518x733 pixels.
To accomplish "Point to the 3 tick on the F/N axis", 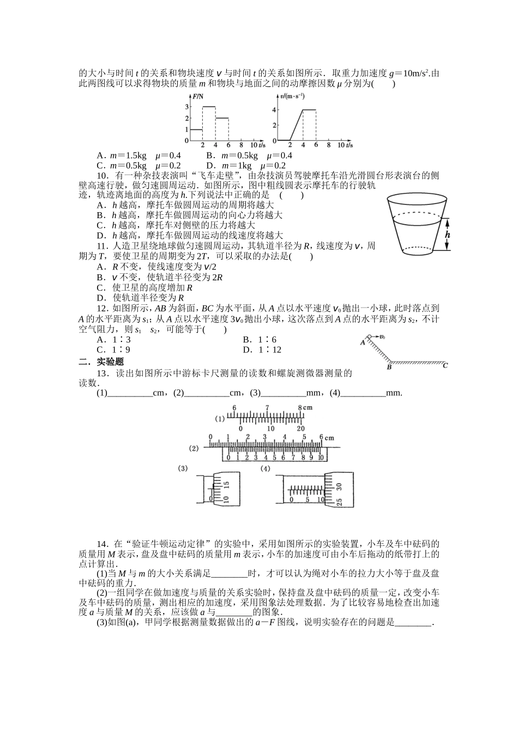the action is tap(187, 107).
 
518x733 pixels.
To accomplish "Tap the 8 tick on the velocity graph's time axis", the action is tap(328, 145).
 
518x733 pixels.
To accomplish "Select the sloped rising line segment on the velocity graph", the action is tap(296, 125).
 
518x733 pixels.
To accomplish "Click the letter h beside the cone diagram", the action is tap(448, 235).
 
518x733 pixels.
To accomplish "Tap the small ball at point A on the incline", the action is tap(369, 337).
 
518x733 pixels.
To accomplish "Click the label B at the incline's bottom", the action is tap(389, 367).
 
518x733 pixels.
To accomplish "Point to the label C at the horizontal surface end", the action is tap(445, 365).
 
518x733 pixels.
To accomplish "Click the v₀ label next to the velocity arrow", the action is tap(383, 337).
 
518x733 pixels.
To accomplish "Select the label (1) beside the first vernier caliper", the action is tap(220, 419).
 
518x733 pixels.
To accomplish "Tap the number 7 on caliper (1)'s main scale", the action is tap(267, 407).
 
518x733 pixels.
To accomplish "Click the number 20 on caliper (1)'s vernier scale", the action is tap(300, 429).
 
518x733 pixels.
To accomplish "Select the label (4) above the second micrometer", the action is tap(266, 468).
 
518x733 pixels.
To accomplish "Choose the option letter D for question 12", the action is tap(247, 350).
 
